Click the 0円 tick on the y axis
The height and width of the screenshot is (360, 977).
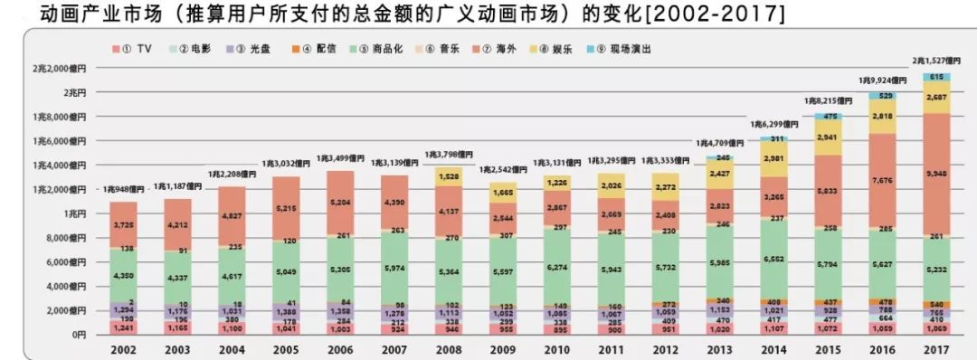(x=74, y=335)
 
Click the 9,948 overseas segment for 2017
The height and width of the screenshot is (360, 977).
(x=937, y=173)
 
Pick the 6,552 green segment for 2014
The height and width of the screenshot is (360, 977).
(x=774, y=258)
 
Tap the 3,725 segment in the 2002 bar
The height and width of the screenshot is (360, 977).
(x=123, y=224)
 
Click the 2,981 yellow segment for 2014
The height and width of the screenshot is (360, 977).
(x=774, y=158)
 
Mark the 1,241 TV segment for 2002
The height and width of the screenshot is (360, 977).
(x=123, y=327)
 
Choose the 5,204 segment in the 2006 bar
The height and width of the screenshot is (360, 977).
(x=340, y=204)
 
